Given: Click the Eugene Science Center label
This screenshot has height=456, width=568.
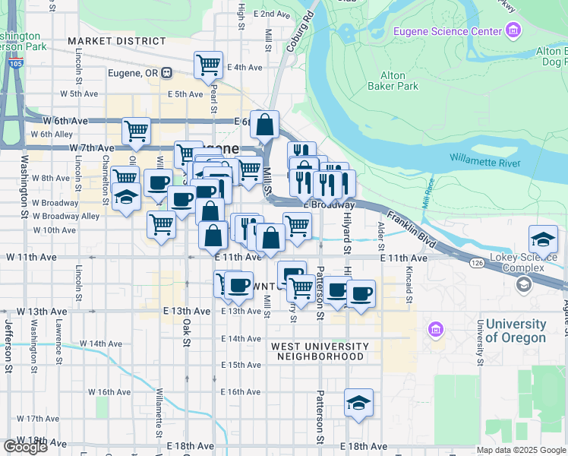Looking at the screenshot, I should coord(447,31).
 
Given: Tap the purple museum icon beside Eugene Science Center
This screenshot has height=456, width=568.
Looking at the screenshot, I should coord(514,30).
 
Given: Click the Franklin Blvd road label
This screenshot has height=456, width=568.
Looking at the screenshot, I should coord(411,226).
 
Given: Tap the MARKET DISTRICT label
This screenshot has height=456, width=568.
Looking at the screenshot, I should coord(115,40).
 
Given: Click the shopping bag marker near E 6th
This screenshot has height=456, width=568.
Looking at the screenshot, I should coord(265,125).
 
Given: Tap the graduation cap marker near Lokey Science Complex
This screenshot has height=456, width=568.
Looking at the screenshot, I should coord(544,239).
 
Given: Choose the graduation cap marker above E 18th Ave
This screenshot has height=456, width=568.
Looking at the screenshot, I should coord(358,401).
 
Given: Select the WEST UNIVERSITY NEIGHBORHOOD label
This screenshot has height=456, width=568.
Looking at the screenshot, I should coord(320,351).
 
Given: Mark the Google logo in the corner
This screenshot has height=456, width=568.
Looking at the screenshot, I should coord(25,447).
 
